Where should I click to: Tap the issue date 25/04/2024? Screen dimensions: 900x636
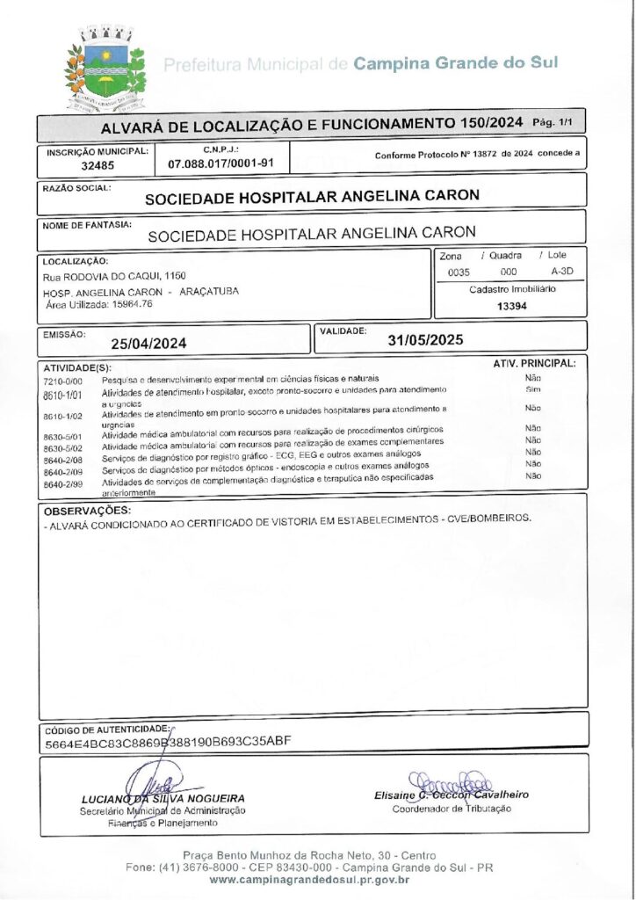pyautogui.click(x=148, y=344)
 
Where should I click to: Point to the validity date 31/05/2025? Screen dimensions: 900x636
pyautogui.click(x=426, y=339)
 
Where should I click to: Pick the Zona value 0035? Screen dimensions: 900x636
pyautogui.click(x=459, y=272)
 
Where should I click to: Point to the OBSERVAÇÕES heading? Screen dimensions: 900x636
pyautogui.click(x=87, y=511)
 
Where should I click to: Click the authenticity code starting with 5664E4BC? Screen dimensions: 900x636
pyautogui.click(x=167, y=742)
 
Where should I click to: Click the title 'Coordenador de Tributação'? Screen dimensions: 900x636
pyautogui.click(x=451, y=809)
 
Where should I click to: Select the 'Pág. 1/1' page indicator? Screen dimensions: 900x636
pyautogui.click(x=556, y=122)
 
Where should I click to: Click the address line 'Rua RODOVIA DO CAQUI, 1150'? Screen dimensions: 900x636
pyautogui.click(x=114, y=276)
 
